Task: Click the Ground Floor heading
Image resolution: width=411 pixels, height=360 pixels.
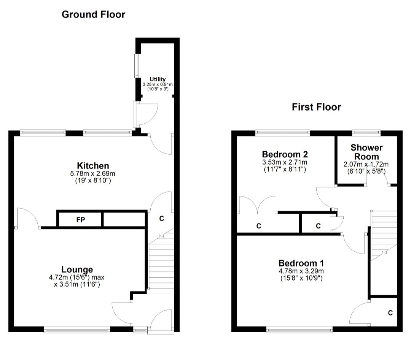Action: click(x=93, y=14)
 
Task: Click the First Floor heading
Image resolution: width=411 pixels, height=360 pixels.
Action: click(x=316, y=107)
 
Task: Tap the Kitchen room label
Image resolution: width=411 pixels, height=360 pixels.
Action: click(x=93, y=166)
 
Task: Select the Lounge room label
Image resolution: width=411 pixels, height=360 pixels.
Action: click(x=77, y=270)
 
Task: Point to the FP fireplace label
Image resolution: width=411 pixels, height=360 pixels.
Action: click(x=81, y=220)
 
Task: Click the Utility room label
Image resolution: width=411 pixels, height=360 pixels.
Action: click(x=158, y=79)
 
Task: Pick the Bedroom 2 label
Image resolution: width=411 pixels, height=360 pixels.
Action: click(x=285, y=154)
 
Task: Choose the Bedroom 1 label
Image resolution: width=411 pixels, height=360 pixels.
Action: click(x=301, y=263)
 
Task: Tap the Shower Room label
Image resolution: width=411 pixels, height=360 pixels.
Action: click(x=366, y=152)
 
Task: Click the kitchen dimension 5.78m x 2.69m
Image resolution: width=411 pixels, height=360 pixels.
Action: click(x=92, y=174)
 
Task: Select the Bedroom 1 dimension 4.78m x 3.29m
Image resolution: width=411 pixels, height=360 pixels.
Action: click(x=301, y=271)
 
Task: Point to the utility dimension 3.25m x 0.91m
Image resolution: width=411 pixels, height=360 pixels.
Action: click(x=158, y=84)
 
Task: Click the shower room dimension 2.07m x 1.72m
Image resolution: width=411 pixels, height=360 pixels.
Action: click(x=366, y=165)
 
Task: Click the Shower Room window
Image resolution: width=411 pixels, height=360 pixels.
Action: click(x=366, y=132)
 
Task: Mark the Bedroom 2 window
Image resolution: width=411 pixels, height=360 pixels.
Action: click(x=283, y=132)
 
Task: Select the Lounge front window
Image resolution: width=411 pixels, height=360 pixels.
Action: click(x=77, y=330)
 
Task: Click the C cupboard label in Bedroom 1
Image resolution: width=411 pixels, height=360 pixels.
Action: click(x=390, y=312)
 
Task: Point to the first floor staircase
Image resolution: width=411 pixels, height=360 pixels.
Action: click(x=384, y=236)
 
